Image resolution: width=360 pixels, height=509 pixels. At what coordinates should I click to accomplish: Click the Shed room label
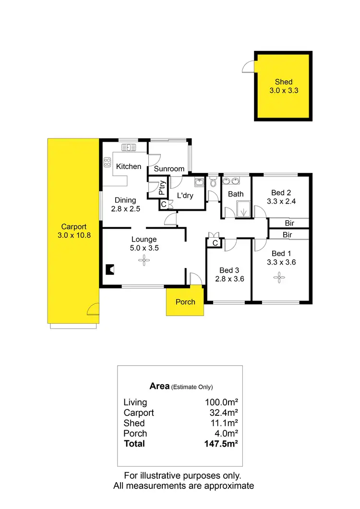[284, 82]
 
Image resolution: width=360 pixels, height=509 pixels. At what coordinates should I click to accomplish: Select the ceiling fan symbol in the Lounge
[144, 260]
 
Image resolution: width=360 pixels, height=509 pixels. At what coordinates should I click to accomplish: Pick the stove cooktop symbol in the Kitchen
[107, 162]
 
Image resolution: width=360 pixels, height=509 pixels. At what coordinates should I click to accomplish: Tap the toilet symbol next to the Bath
[213, 182]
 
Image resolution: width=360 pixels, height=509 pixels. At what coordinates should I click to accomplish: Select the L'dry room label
[185, 195]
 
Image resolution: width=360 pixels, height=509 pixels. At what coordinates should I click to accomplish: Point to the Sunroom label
[169, 169]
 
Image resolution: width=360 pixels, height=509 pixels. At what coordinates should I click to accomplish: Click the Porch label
[185, 302]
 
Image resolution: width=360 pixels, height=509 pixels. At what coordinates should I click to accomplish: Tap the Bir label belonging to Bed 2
[289, 223]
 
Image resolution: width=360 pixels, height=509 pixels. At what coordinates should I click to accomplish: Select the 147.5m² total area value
[221, 444]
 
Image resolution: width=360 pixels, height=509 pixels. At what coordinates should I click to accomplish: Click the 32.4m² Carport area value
[223, 413]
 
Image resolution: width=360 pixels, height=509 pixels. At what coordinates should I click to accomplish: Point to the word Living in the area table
[135, 402]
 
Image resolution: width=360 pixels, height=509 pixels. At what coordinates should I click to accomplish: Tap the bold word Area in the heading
[159, 386]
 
